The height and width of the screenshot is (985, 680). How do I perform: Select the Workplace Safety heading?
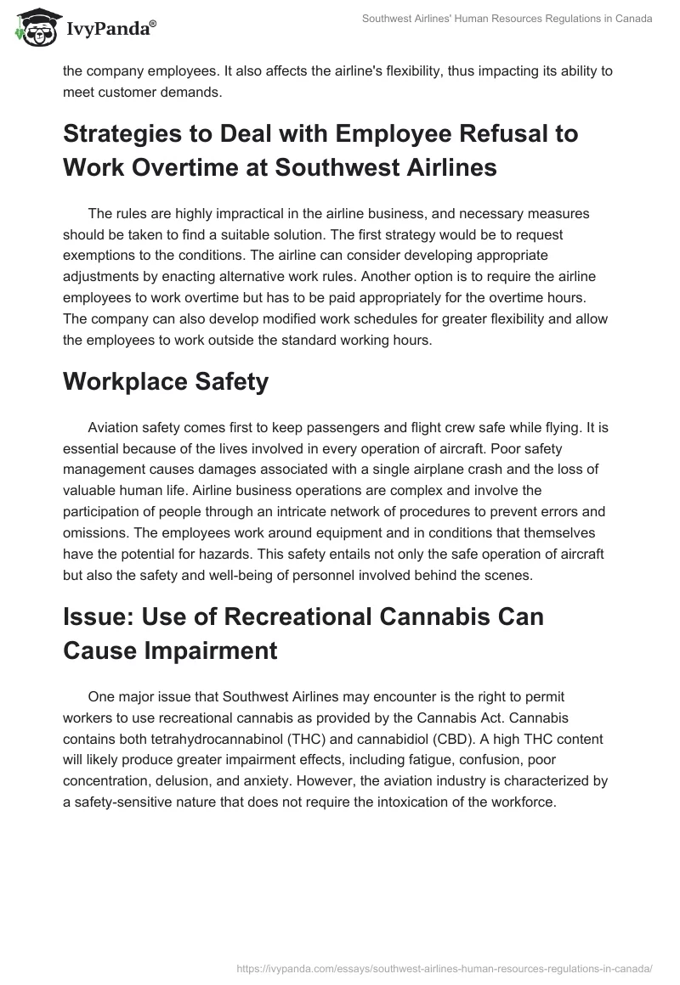[x=166, y=382]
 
